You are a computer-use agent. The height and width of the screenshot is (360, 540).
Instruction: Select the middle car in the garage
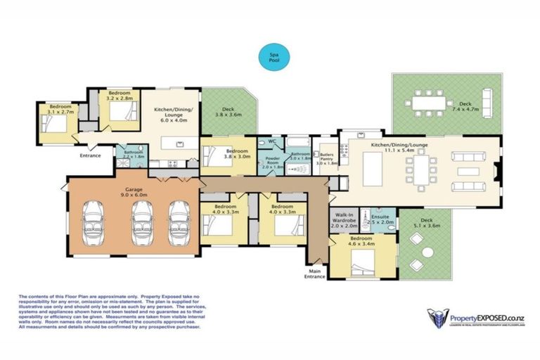pos(142,222)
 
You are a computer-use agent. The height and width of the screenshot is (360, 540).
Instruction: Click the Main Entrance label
pos(314,273)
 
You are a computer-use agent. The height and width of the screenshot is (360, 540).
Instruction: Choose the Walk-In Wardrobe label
pos(344,221)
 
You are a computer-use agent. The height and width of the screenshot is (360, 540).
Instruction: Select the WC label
pos(270,141)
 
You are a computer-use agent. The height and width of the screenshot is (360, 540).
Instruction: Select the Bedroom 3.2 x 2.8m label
pos(119,96)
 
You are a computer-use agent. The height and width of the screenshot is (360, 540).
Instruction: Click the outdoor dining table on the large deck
pos(430,104)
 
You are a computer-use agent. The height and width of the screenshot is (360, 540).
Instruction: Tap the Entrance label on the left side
pos(90,155)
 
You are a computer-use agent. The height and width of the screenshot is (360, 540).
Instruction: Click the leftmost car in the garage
pos(98,222)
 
